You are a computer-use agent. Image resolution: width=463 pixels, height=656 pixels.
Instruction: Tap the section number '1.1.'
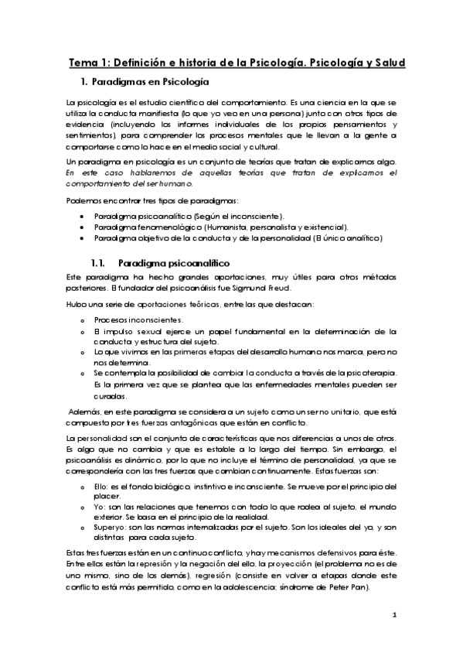pos(101,265)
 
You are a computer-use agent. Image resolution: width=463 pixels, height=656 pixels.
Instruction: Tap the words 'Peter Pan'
pos(351,588)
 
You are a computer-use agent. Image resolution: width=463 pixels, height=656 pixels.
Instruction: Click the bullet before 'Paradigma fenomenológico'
pos(82,227)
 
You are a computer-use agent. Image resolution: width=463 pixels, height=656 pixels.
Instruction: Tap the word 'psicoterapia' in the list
pos(356,372)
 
